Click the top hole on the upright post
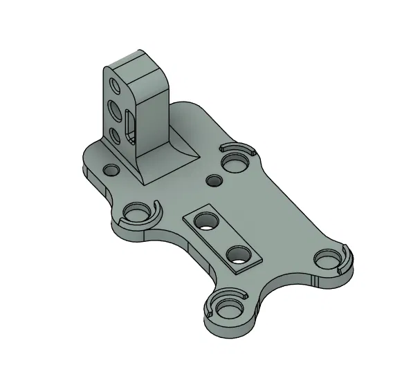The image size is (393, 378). click(x=115, y=86)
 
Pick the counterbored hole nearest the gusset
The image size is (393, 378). click(x=234, y=162)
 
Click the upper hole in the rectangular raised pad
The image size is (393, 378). click(x=205, y=221)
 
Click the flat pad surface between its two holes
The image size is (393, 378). click(x=221, y=237)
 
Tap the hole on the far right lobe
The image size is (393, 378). click(x=327, y=258)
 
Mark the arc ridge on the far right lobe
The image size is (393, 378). click(x=347, y=257)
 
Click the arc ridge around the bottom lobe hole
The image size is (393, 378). click(x=242, y=296)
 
